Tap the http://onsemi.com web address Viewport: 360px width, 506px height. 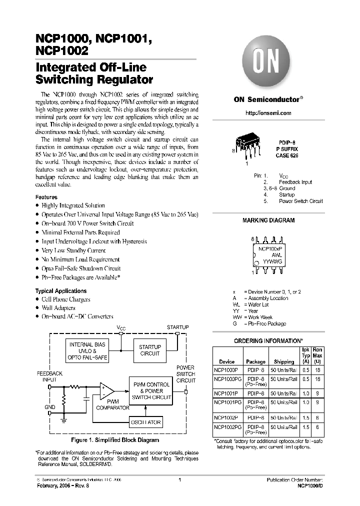click(x=268, y=113)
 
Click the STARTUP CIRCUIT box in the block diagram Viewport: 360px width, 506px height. click(x=149, y=350)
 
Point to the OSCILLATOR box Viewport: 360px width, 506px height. click(x=146, y=422)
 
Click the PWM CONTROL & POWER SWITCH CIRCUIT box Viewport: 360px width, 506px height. click(x=150, y=390)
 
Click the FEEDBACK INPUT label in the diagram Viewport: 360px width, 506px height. click(x=50, y=376)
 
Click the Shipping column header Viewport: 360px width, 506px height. click(x=284, y=361)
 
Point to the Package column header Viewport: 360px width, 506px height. click(x=255, y=361)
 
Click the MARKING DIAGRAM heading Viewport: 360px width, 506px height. click(x=268, y=220)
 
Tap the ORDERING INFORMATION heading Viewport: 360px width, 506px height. click(x=268, y=340)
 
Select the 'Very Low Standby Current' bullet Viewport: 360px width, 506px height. click(x=74, y=250)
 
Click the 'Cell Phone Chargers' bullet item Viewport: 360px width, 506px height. click(x=66, y=299)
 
